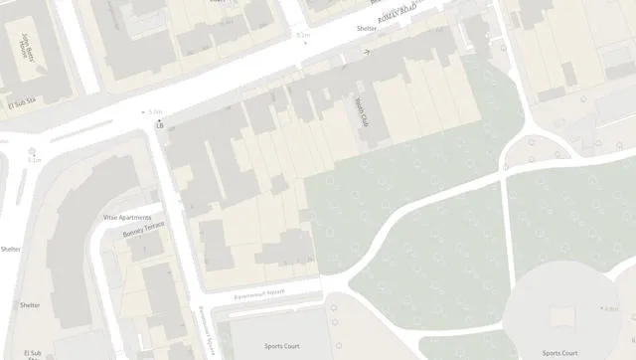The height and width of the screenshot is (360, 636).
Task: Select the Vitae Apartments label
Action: [127, 217]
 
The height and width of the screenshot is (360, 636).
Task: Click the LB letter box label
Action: [159, 126]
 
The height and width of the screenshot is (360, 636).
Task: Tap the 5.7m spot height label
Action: [154, 112]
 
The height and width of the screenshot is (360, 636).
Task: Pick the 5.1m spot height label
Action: [35, 159]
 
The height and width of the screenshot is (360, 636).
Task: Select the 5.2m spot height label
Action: [303, 35]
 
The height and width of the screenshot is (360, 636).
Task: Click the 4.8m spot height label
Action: [610, 309]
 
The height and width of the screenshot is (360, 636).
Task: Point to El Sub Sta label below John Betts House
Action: [20, 102]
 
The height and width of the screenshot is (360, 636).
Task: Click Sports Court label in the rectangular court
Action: [281, 346]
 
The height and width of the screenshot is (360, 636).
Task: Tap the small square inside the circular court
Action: [561, 314]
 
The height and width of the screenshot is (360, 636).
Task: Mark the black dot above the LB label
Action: [159, 119]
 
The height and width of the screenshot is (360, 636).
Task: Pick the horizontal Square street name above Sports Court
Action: [259, 292]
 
